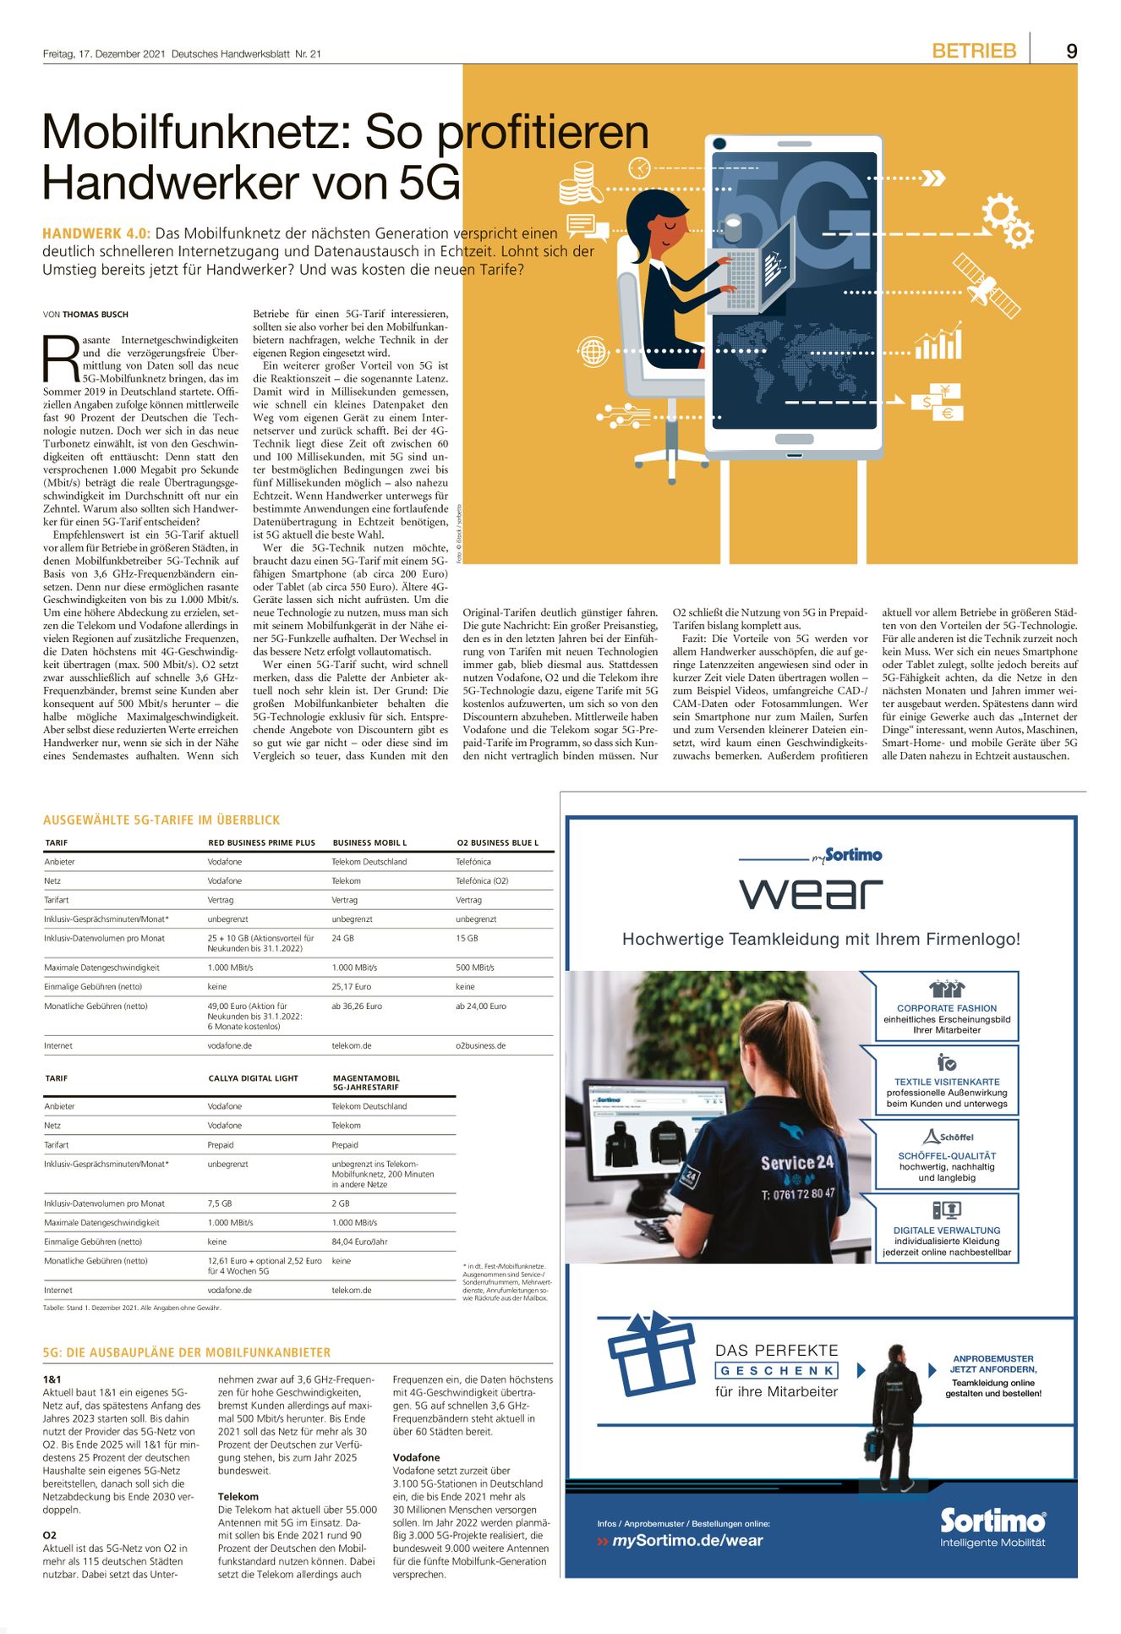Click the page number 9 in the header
click(1071, 51)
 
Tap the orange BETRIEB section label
click(974, 51)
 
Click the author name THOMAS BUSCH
click(96, 315)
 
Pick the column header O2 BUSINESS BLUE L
click(497, 842)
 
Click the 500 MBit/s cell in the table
click(475, 968)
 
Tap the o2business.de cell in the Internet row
click(480, 1046)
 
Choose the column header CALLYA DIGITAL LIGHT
click(254, 1078)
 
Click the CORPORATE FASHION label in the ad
click(947, 1008)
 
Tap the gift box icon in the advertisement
click(651, 1354)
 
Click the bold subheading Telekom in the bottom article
click(238, 1496)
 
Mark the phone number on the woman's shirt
click(798, 1194)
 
